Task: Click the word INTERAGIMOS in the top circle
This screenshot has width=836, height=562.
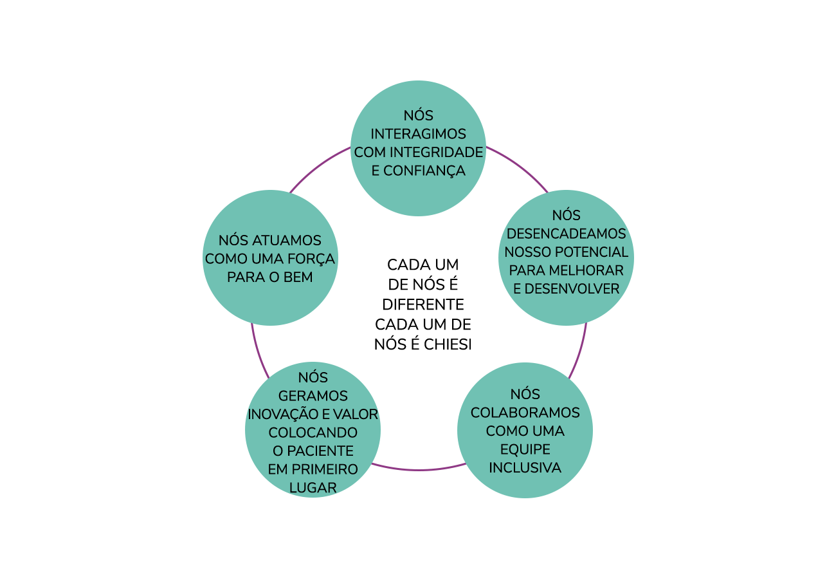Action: [418, 134]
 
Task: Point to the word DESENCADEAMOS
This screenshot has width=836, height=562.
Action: [566, 233]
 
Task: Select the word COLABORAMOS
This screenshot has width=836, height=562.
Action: [525, 412]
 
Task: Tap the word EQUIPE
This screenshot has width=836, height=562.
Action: [525, 449]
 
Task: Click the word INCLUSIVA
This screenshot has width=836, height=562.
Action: [525, 467]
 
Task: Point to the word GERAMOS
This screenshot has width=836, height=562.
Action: [313, 396]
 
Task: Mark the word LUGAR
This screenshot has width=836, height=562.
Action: [313, 488]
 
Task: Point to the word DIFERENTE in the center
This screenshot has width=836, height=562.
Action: [423, 304]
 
